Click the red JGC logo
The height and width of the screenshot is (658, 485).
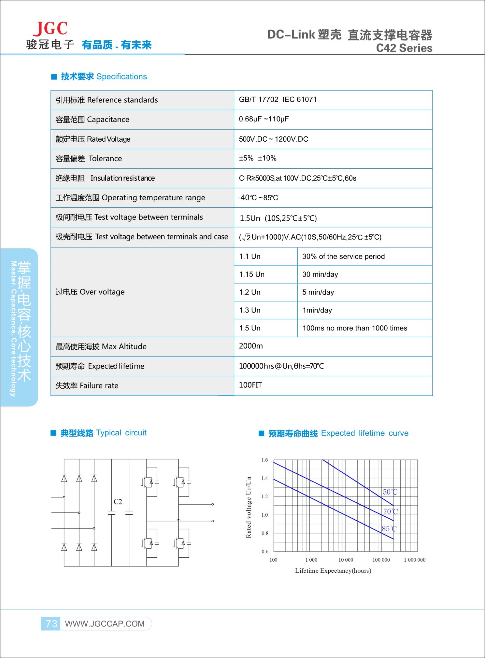(x=50, y=29)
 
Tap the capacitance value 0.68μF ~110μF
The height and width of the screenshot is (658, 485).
(x=264, y=119)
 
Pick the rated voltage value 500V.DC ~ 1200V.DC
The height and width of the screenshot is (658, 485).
(x=273, y=139)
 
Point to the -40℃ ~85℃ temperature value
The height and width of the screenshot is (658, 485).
(x=258, y=198)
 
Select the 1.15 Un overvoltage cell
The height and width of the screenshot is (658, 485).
(x=252, y=274)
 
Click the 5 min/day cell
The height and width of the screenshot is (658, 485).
(x=318, y=292)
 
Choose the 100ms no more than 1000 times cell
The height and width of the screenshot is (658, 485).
(x=355, y=328)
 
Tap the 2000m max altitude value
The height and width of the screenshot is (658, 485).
(x=251, y=346)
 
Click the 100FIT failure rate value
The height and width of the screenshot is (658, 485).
(x=250, y=385)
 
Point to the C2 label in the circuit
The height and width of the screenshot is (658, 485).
(x=118, y=502)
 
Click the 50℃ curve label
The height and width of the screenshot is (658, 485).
(x=390, y=492)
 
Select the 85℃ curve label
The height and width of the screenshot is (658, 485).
(x=389, y=529)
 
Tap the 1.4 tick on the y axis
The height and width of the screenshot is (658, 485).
(x=264, y=478)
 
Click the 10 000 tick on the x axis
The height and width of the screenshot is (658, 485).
(x=346, y=560)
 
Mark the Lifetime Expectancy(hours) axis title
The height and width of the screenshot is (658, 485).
(x=333, y=571)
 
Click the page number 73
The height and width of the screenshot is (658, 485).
(x=51, y=623)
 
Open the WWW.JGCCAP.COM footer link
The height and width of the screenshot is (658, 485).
(x=105, y=624)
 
